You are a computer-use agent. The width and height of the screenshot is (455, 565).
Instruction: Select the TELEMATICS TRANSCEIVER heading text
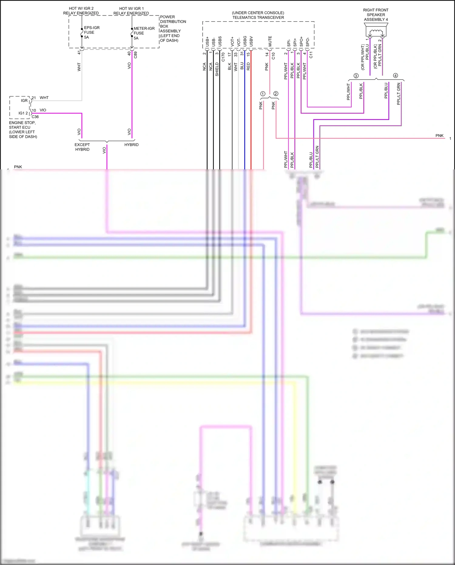[x=258, y=18]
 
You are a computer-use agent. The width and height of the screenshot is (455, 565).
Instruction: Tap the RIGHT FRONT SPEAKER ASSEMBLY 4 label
[x=376, y=15]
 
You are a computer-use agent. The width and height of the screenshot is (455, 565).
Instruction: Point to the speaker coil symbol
[x=376, y=32]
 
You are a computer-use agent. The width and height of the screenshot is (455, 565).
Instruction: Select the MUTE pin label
[x=270, y=41]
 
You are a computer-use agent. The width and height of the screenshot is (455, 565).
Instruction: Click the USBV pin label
[x=251, y=41]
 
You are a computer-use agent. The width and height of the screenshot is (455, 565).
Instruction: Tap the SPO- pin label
[x=308, y=42]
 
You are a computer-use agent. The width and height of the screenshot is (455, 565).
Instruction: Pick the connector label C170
[x=223, y=57]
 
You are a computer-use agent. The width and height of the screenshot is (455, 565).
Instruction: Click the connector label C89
[x=136, y=55]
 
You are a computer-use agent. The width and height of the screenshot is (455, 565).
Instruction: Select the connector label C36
[x=35, y=117]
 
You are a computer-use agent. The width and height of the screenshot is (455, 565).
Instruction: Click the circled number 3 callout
[x=356, y=76]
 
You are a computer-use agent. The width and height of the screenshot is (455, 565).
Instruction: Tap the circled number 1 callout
[x=263, y=94]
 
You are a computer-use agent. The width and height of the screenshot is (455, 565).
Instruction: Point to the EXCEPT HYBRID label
[x=82, y=147]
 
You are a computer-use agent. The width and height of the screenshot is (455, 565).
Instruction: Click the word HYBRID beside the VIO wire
[x=131, y=145]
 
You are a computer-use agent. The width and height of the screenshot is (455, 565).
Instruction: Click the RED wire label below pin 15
[x=248, y=66]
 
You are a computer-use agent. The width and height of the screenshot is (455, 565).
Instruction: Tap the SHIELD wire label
[x=217, y=69]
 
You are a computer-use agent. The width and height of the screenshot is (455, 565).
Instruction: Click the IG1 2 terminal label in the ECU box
[x=23, y=113]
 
